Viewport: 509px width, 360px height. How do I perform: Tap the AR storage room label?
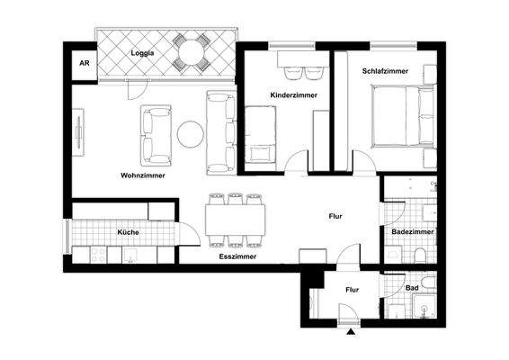[85, 64]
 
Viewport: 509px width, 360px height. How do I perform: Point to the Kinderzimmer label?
[290, 94]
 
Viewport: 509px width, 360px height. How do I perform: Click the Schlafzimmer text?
[385, 70]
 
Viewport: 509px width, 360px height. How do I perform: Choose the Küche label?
[128, 232]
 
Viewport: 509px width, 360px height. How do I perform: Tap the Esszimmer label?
[237, 256]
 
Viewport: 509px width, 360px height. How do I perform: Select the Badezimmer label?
[413, 232]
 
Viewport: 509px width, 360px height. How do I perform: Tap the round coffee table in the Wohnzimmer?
[190, 134]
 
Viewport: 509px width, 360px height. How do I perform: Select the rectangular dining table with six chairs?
[237, 219]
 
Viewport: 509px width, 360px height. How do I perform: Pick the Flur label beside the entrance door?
[352, 290]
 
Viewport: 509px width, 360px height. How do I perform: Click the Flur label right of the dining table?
[335, 216]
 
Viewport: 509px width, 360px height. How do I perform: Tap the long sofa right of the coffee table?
[219, 132]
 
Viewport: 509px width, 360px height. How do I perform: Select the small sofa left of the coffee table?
[155, 132]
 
